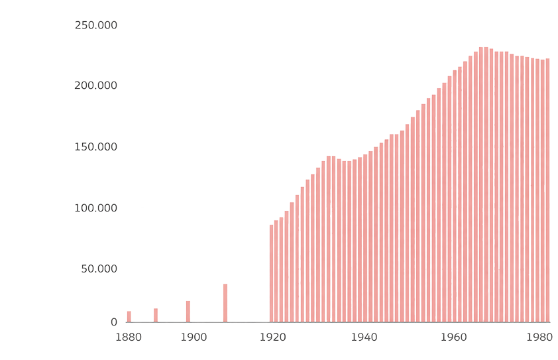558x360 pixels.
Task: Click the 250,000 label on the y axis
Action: click(x=95, y=25)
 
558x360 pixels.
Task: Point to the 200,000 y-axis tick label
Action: click(x=95, y=86)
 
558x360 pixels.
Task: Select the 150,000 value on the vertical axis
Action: click(x=95, y=147)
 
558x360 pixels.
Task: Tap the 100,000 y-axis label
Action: click(x=95, y=208)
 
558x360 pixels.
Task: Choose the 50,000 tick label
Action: click(x=99, y=269)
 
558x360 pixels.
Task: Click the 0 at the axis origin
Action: click(x=114, y=322)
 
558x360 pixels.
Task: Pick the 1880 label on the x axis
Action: click(x=129, y=337)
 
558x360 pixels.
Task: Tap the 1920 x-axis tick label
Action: click(x=272, y=337)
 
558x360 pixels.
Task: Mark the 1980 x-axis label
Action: click(x=539, y=337)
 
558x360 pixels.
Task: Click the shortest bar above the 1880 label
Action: click(x=129, y=316)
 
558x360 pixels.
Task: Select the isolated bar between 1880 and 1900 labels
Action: click(x=156, y=315)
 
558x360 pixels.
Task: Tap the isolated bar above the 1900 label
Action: click(x=188, y=311)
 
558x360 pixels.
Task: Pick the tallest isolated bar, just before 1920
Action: click(x=225, y=302)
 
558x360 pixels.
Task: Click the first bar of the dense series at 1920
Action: click(x=271, y=272)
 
